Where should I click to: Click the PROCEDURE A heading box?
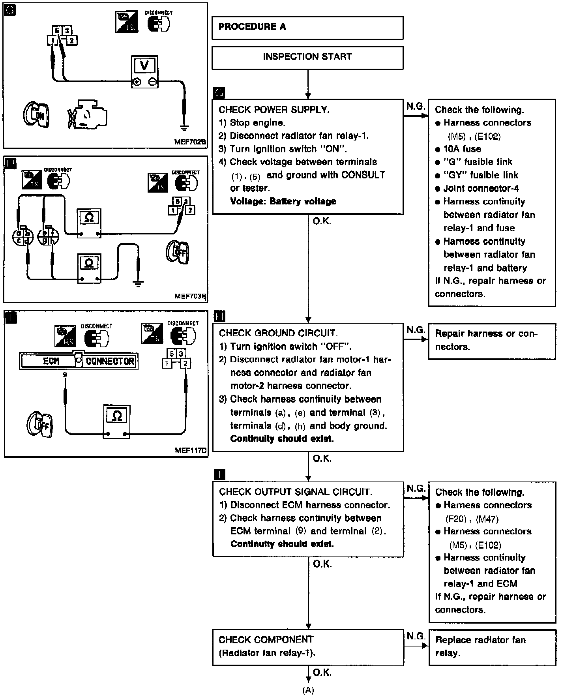[307, 28]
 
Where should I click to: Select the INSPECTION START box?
[307, 57]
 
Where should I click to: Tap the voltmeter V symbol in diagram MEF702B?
[144, 66]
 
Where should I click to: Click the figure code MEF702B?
[190, 142]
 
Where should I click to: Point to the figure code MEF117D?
[191, 450]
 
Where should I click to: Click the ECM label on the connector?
[51, 361]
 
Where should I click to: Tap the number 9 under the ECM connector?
[65, 375]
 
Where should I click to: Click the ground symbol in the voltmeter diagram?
[184, 127]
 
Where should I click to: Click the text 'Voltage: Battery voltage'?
[283, 201]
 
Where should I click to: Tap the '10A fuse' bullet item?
[462, 149]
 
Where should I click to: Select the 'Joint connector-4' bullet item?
[481, 188]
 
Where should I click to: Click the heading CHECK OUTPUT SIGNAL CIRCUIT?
[296, 492]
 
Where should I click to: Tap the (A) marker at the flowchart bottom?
[308, 690]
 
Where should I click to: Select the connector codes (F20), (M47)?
[472, 519]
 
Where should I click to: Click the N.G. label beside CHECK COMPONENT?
[416, 636]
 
